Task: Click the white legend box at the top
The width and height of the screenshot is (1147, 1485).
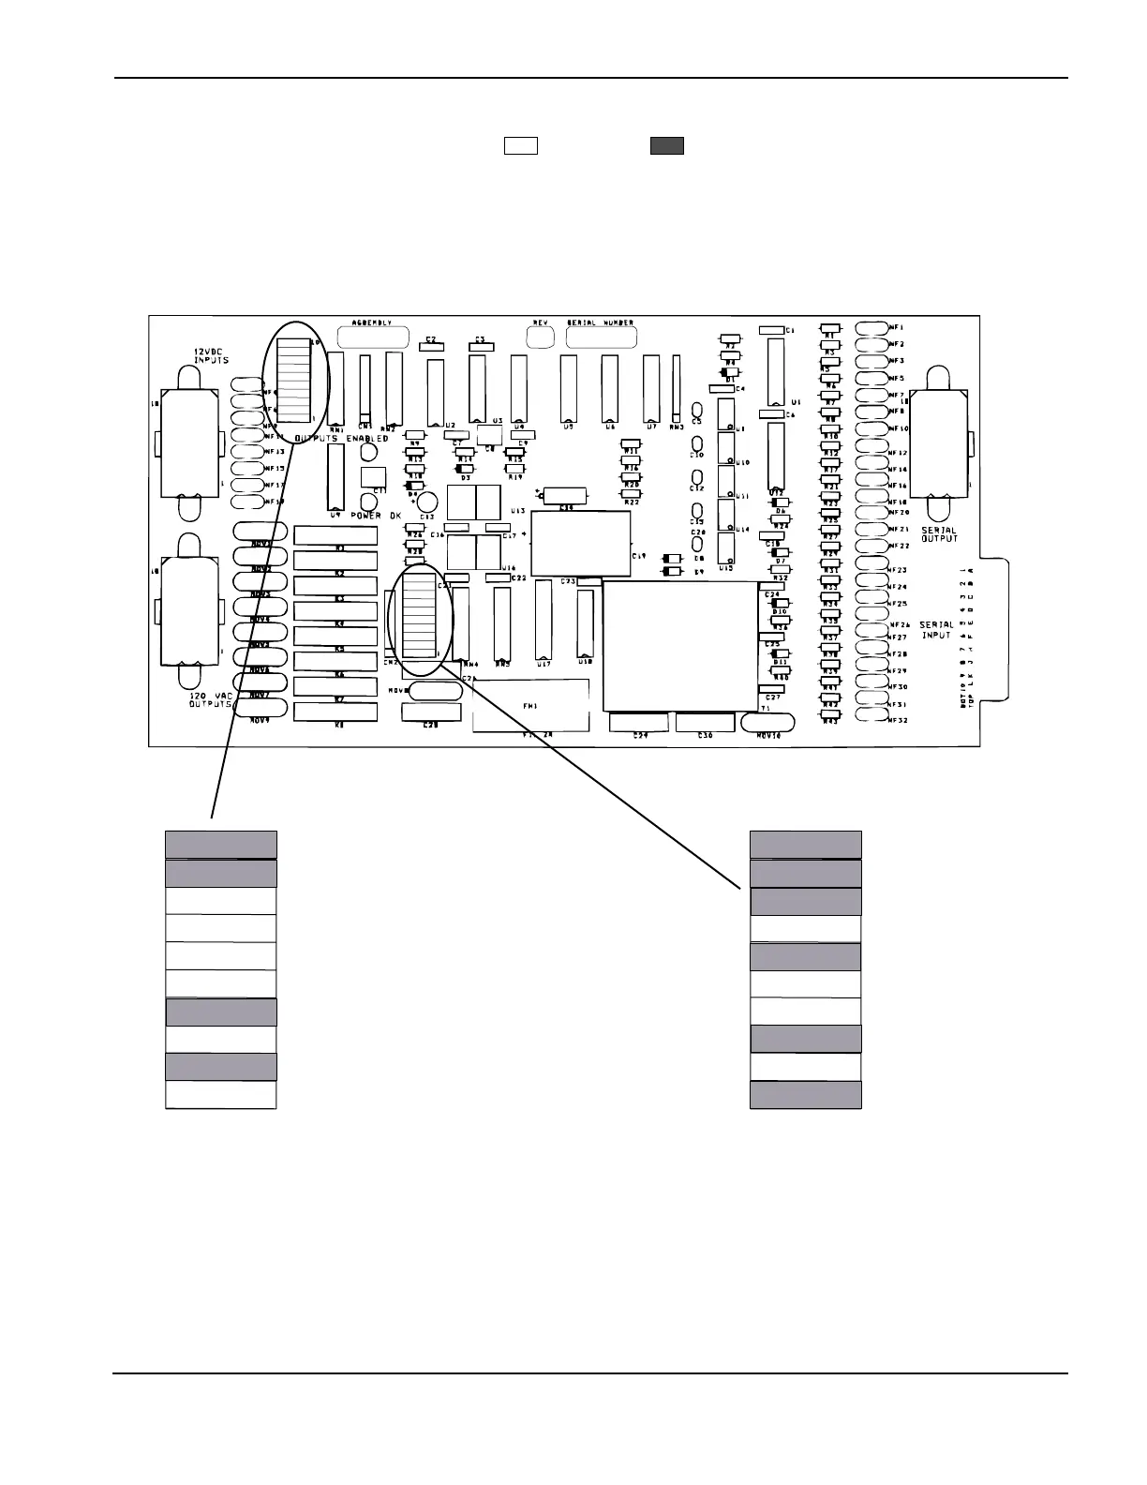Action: pyautogui.click(x=521, y=145)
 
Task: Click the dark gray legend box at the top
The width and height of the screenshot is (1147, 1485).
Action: pyautogui.click(x=667, y=145)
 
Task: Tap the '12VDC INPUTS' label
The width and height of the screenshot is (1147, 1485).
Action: pyautogui.click(x=211, y=355)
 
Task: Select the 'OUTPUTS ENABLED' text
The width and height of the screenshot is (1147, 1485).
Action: pyautogui.click(x=341, y=438)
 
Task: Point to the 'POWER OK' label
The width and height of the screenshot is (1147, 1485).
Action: pyautogui.click(x=376, y=516)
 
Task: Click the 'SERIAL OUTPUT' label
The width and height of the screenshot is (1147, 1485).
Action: pyautogui.click(x=939, y=534)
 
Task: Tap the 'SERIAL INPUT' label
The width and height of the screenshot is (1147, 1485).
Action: pyautogui.click(x=936, y=630)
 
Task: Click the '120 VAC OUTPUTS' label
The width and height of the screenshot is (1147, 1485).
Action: pyautogui.click(x=210, y=699)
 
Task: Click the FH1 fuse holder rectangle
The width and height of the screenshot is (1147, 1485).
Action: pyautogui.click(x=530, y=705)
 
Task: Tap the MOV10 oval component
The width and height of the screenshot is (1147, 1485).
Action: pyautogui.click(x=767, y=722)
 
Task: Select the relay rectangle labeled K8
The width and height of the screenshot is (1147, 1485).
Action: pyautogui.click(x=335, y=711)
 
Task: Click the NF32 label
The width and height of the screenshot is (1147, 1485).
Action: pyautogui.click(x=898, y=720)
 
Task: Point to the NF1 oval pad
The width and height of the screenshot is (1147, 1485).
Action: pyautogui.click(x=872, y=327)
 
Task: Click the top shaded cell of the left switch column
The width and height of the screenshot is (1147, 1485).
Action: pyautogui.click(x=221, y=845)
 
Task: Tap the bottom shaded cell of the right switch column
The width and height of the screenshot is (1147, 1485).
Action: pyautogui.click(x=806, y=1095)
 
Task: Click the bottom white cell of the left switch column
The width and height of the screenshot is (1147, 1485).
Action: pyautogui.click(x=221, y=1095)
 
